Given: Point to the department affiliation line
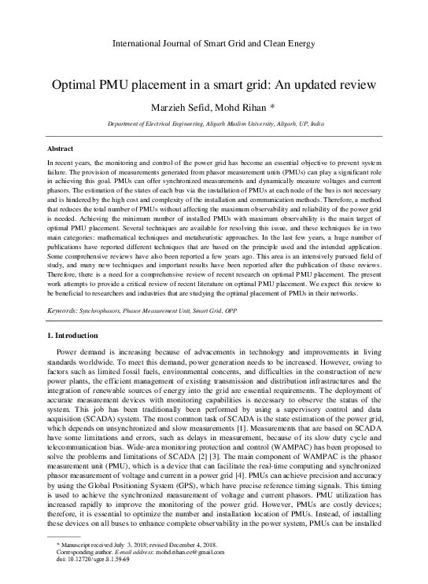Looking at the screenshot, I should pos(213,124).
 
